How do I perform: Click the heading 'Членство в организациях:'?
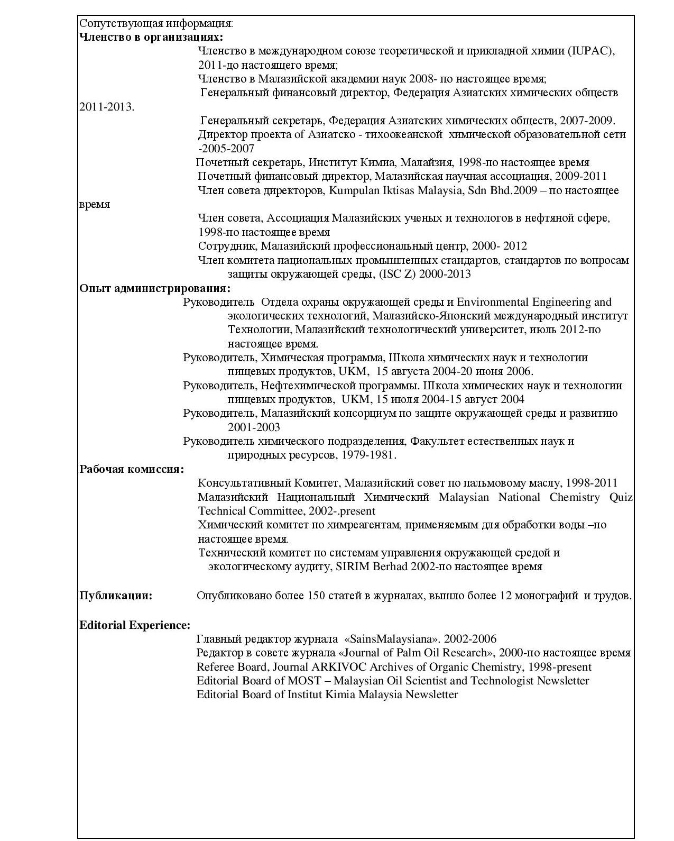click(x=151, y=37)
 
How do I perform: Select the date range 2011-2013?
click(x=106, y=107)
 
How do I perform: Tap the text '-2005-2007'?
click(x=226, y=149)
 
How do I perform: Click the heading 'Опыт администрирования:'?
click(x=155, y=288)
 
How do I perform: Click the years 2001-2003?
click(x=254, y=427)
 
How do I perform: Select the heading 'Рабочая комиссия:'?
click(x=132, y=469)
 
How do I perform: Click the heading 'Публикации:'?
click(x=116, y=596)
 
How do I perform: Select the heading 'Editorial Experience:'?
click(x=135, y=625)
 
